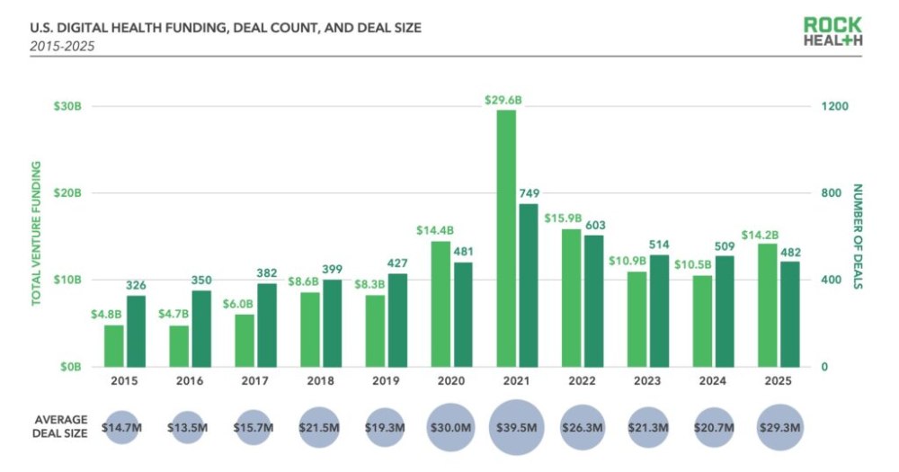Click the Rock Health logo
pyautogui.click(x=833, y=31)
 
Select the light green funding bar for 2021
pyautogui.click(x=506, y=238)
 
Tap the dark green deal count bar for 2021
pyautogui.click(x=528, y=285)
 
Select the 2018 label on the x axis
pyautogui.click(x=319, y=381)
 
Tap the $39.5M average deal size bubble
pyautogui.click(x=517, y=427)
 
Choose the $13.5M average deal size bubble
pyautogui.click(x=187, y=427)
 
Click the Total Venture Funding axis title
pyautogui.click(x=37, y=234)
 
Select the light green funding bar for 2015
pyautogui.click(x=114, y=345)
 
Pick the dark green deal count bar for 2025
pyautogui.click(x=789, y=314)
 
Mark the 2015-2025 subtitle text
pyautogui.click(x=62, y=45)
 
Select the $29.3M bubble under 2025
pyautogui.click(x=779, y=427)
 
